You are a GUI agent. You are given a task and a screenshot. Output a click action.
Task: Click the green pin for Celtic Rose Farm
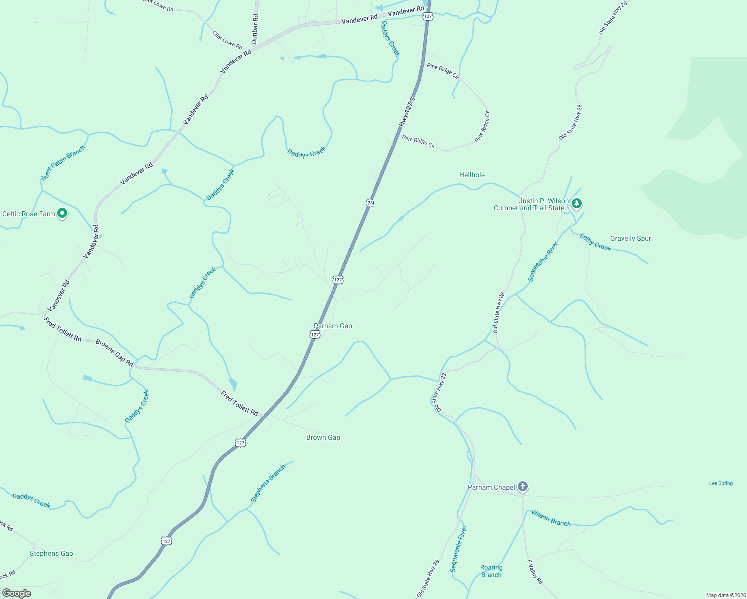click(x=62, y=213)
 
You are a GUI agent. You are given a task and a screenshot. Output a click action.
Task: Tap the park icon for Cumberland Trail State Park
click(x=577, y=203)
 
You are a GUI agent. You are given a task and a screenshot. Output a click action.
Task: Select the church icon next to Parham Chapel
click(x=523, y=486)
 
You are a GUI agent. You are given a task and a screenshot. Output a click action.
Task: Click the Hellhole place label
click(x=472, y=175)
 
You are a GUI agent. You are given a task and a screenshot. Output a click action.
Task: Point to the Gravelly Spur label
click(x=630, y=238)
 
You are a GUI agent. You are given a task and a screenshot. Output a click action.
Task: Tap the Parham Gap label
click(x=333, y=326)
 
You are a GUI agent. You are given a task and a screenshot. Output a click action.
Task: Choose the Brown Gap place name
click(x=323, y=437)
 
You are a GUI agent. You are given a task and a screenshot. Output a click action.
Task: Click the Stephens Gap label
click(x=51, y=553)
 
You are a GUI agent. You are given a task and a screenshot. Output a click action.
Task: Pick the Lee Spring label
click(x=721, y=483)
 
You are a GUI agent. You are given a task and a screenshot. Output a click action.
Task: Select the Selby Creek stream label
click(x=595, y=242)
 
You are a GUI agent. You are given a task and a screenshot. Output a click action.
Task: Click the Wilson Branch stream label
click(x=551, y=518)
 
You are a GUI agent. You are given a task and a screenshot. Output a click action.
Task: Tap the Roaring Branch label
click(x=491, y=571)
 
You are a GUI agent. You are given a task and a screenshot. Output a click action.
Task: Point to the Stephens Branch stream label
click(x=268, y=483)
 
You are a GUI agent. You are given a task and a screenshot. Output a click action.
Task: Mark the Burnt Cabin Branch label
click(x=63, y=163)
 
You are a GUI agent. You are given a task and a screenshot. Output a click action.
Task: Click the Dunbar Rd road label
click(x=255, y=29)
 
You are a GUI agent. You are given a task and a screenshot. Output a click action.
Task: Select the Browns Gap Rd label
click(x=114, y=353)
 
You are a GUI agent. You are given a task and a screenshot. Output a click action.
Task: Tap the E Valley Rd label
click(x=535, y=572)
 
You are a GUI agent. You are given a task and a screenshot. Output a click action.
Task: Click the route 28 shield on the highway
click(x=370, y=203)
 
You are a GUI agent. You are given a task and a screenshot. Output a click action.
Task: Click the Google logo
click(x=17, y=593)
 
